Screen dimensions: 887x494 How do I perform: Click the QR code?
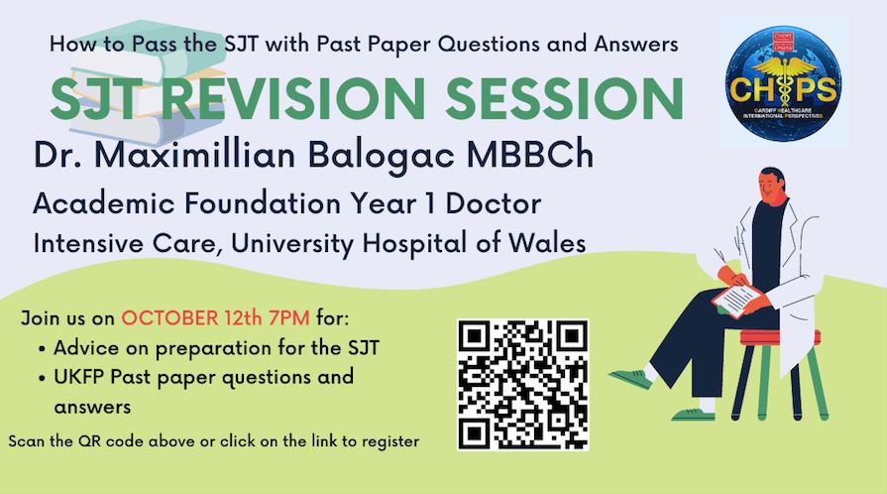click(x=522, y=385)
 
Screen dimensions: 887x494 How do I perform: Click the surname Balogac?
click(x=382, y=156)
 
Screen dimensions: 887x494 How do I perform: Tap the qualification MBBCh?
click(x=530, y=155)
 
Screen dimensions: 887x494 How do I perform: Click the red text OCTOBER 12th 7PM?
click(x=215, y=317)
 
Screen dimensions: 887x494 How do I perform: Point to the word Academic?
click(x=103, y=203)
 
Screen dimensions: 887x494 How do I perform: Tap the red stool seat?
click(x=781, y=337)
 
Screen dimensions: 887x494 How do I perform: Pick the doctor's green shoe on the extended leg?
click(x=630, y=378)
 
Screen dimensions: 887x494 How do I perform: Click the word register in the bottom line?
click(x=390, y=441)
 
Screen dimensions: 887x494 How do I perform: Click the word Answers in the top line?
click(x=636, y=44)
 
